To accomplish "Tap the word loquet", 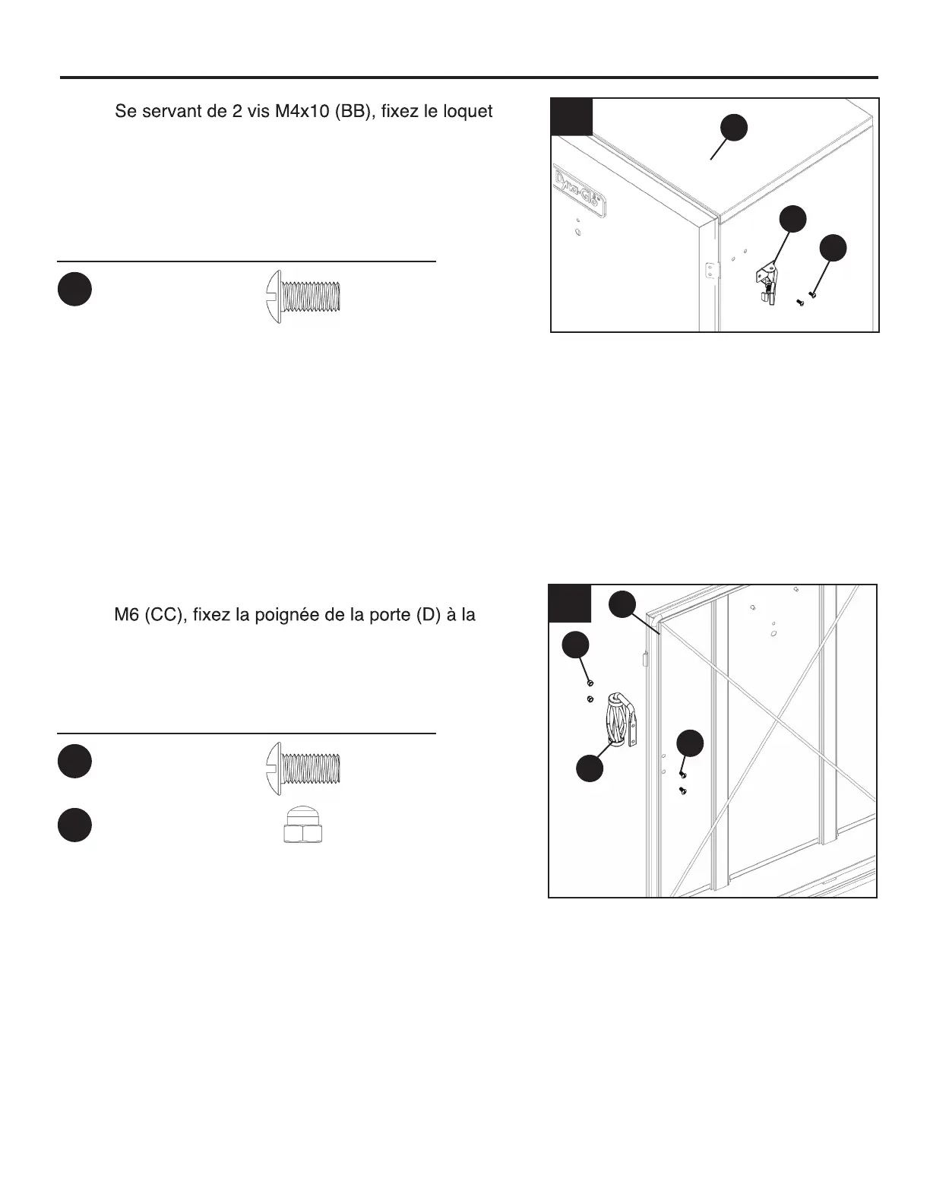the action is point(463,112).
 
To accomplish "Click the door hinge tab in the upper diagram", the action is point(710,271).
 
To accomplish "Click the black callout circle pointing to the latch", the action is point(793,218).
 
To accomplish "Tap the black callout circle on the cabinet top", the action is point(734,128).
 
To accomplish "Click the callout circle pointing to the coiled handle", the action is point(590,768).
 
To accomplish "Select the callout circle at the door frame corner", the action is point(623,603).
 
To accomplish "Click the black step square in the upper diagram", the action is point(572,117).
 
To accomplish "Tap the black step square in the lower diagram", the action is point(569,604).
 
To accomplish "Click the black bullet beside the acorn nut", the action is point(74,826).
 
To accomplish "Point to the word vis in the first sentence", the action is point(258,112).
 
